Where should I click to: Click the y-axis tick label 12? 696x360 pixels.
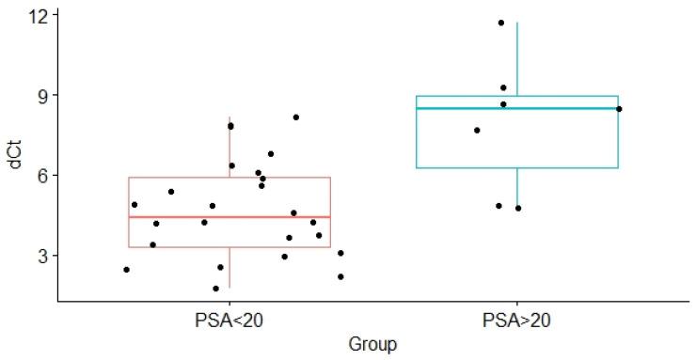40,15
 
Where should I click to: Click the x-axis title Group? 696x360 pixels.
372,344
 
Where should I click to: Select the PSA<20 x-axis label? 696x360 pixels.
229,320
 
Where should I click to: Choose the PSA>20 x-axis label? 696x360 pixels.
516,320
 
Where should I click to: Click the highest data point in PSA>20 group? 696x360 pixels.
501,23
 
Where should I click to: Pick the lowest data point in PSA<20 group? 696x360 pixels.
215,289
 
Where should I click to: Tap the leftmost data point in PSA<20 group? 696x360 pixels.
126,270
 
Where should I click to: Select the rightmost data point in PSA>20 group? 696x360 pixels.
619,109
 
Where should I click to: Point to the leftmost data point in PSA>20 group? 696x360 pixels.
477,131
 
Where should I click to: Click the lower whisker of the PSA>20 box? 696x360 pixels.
517,188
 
